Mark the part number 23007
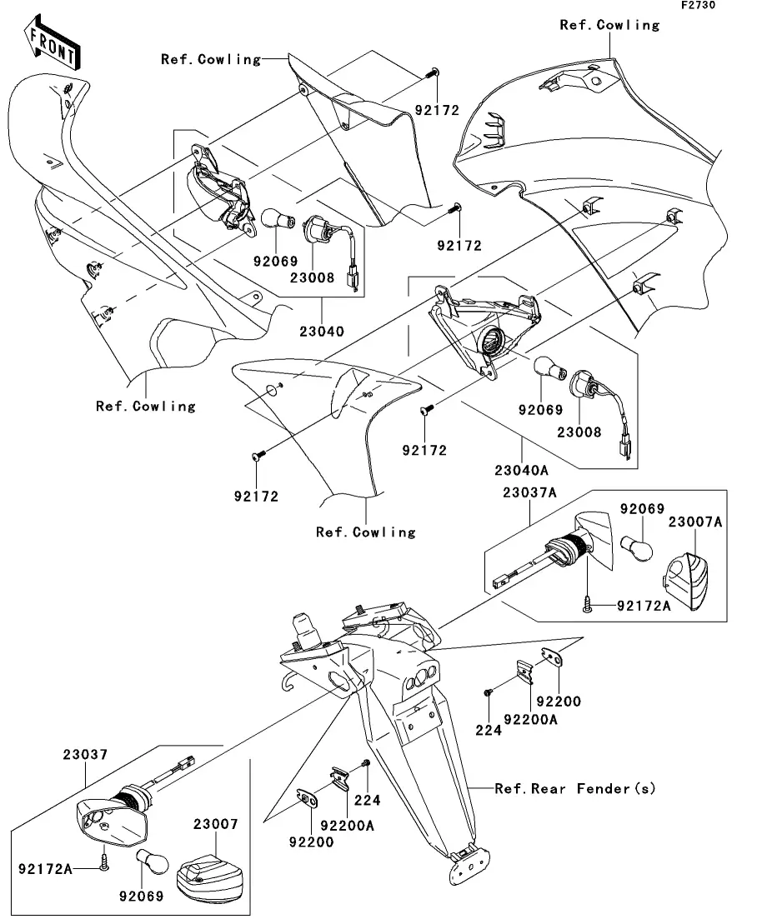[215, 825]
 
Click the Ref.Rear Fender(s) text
[574, 788]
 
